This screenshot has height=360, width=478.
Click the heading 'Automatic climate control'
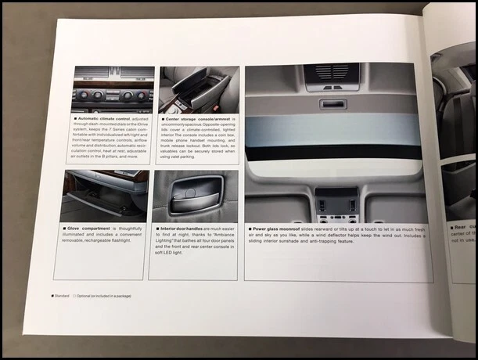[x=106, y=119]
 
